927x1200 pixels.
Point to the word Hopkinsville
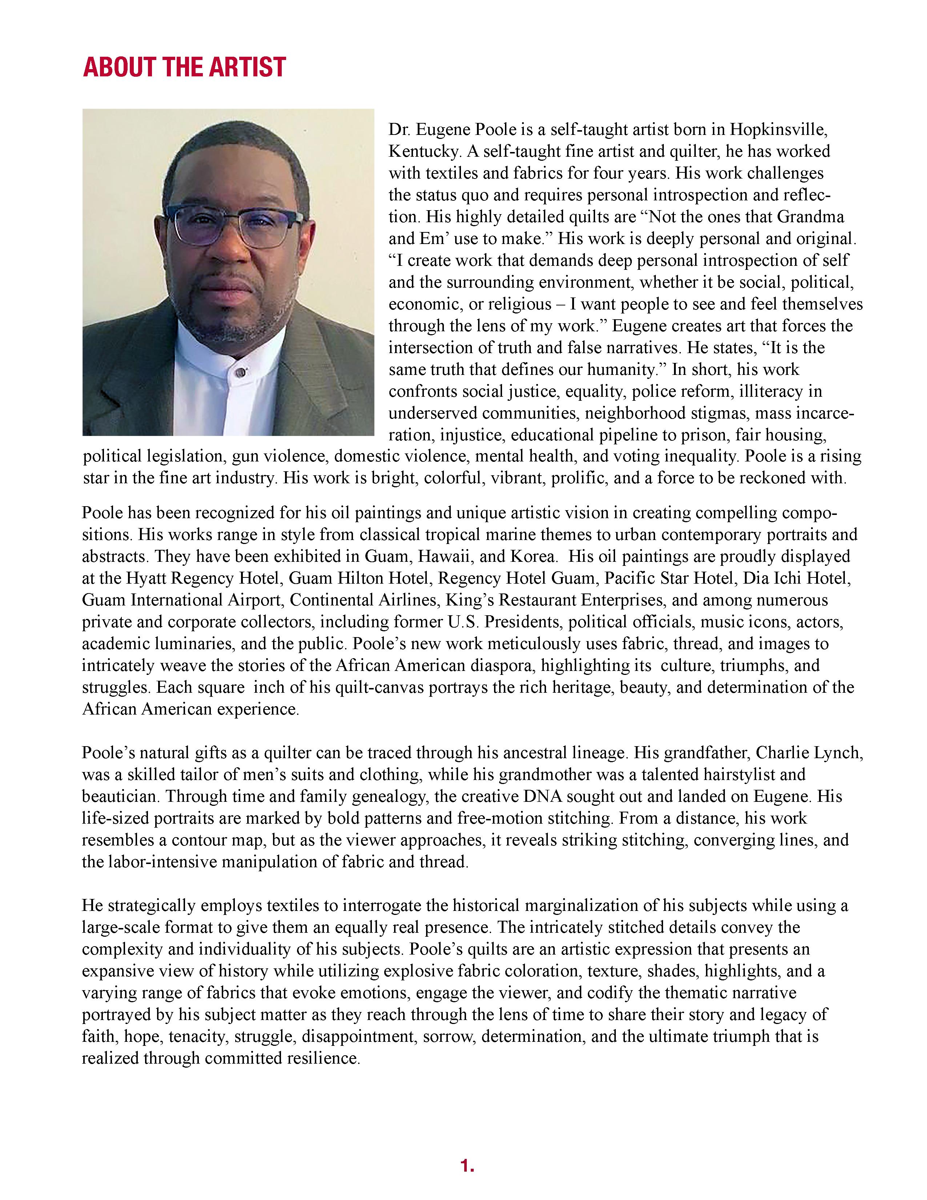[x=778, y=130]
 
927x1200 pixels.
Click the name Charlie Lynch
[x=808, y=753]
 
